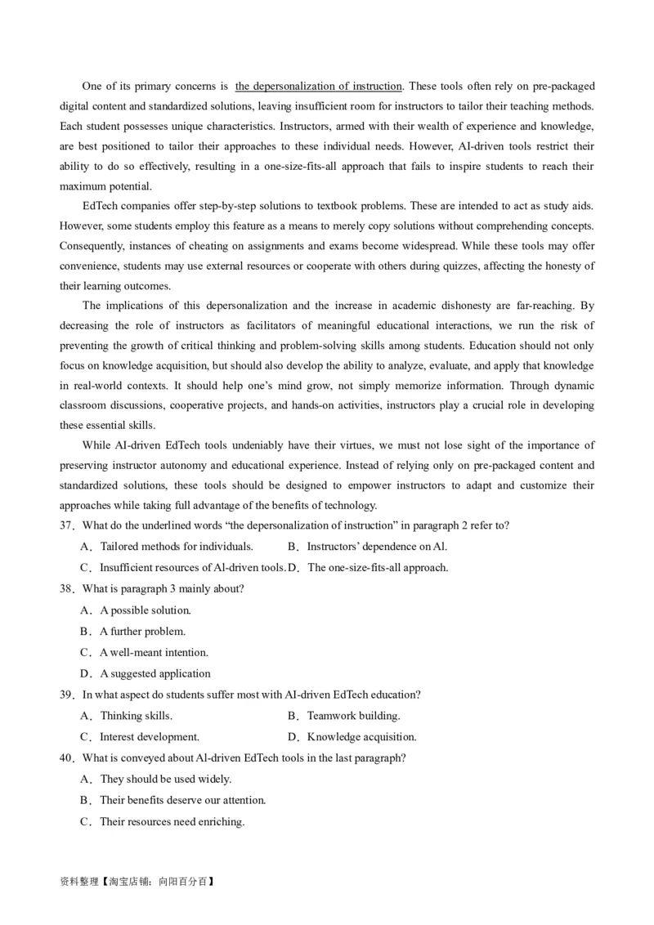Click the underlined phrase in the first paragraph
point(318,87)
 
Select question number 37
point(67,525)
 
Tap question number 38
point(67,589)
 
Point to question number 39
point(67,695)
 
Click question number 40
point(67,758)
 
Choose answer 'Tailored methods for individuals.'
point(176,547)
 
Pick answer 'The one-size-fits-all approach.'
point(377,568)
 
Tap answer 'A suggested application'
point(155,674)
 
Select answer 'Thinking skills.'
point(136,717)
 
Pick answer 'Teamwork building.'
point(353,717)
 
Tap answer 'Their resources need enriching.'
point(172,822)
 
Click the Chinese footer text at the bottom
point(137,883)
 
